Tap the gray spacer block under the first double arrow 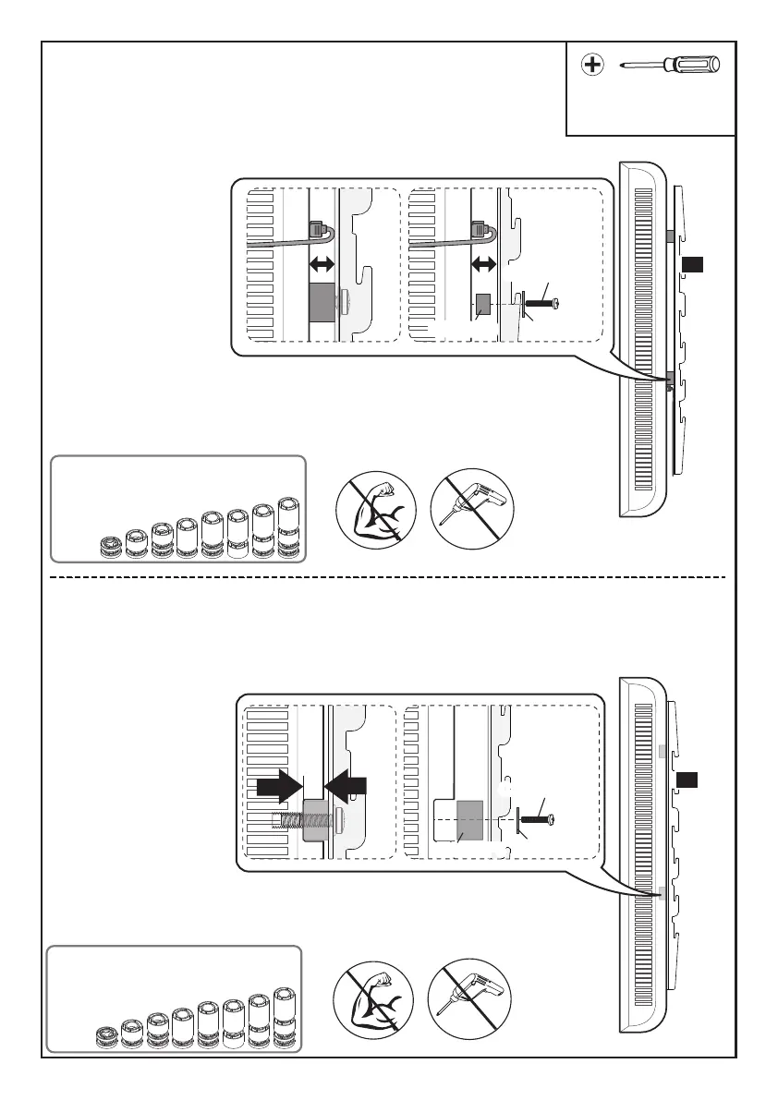[x=321, y=301]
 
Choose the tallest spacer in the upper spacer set [x=290, y=527]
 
